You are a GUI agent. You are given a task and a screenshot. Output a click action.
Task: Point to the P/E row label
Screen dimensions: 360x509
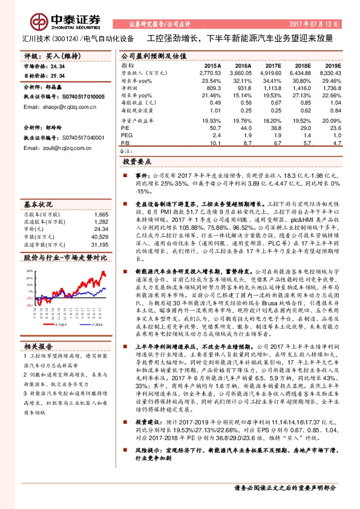coord(125,128)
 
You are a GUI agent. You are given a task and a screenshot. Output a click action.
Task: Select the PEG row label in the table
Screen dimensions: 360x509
coord(126,135)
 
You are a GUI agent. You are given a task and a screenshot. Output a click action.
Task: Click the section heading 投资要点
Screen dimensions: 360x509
coord(137,163)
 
